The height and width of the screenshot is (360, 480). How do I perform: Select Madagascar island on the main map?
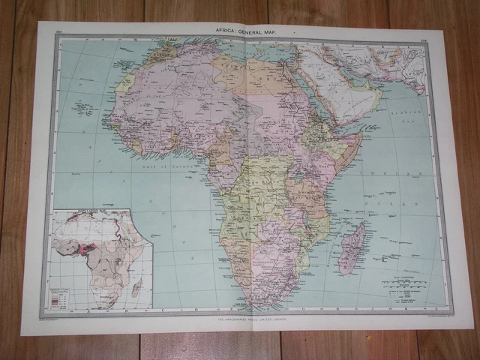[x=350, y=248]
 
